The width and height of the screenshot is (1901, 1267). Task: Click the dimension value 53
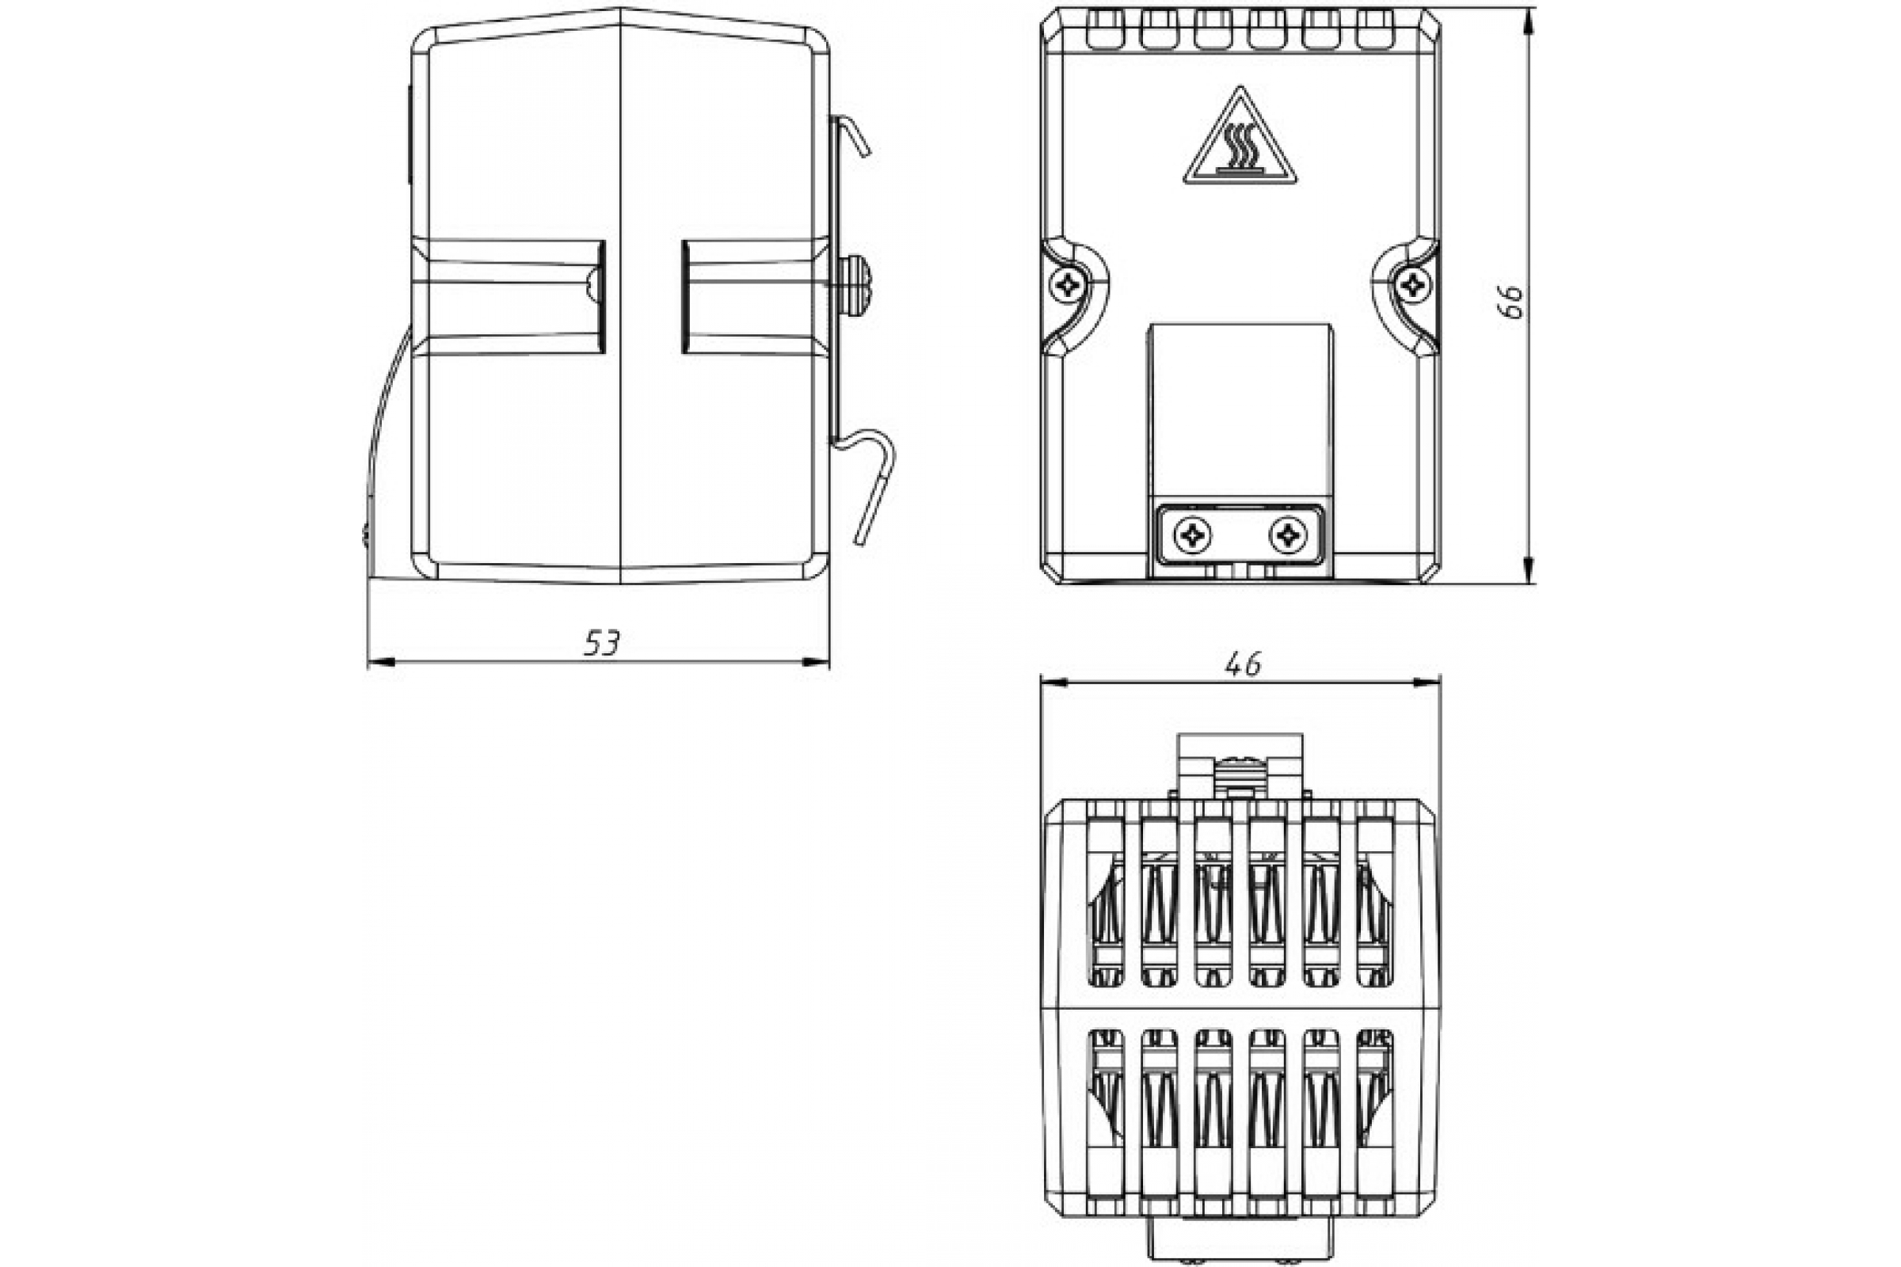[601, 643]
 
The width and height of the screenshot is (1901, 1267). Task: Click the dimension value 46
[1243, 664]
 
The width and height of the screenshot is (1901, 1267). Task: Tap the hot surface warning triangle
[1240, 138]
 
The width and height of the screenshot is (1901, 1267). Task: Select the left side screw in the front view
[1069, 285]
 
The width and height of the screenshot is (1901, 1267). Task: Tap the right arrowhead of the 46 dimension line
[1427, 683]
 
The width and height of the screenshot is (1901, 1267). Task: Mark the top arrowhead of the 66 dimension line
[1529, 21]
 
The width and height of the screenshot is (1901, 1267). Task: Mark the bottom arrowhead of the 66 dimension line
[1529, 569]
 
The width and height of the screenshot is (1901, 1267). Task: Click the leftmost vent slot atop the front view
[1105, 29]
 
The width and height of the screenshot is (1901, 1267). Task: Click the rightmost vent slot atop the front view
[1374, 29]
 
